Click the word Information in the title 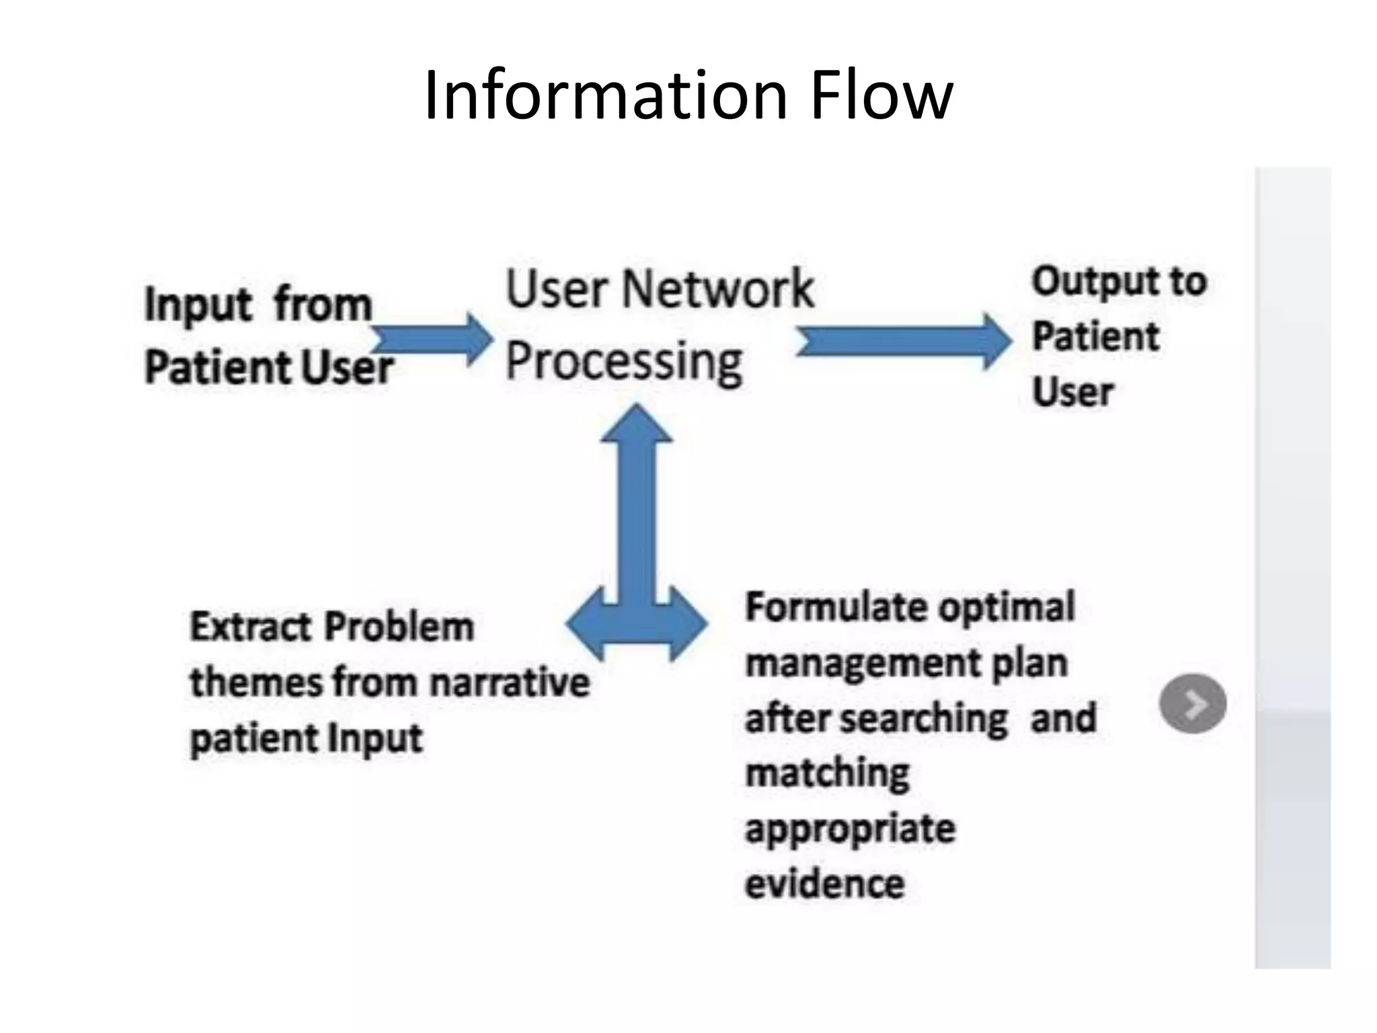[605, 95]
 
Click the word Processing [624, 362]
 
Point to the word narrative [510, 683]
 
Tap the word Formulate [837, 607]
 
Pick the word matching [827, 773]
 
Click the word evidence [824, 884]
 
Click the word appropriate [850, 829]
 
